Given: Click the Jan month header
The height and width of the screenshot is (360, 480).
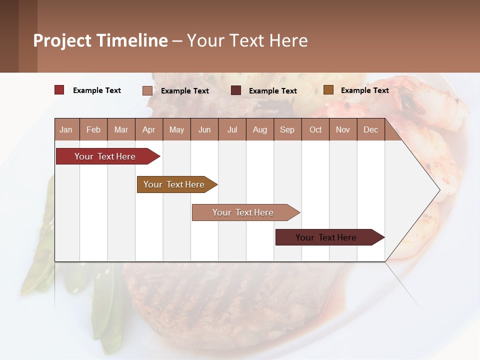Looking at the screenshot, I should pyautogui.click(x=66, y=130).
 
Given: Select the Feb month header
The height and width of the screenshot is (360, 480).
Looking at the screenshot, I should pyautogui.click(x=93, y=130).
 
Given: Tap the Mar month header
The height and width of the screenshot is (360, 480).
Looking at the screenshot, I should pyautogui.click(x=121, y=130).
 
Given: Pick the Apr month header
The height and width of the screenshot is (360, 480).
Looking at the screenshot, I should pyautogui.click(x=148, y=130).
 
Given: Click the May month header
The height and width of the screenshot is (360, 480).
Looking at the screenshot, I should pyautogui.click(x=176, y=130).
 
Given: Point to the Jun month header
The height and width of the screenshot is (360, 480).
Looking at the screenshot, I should pyautogui.click(x=204, y=130).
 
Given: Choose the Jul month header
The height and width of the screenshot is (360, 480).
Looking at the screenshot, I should pyautogui.click(x=232, y=130).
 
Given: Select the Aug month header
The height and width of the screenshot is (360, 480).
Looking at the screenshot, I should pyautogui.click(x=259, y=130).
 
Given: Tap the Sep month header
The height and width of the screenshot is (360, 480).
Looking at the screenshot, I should pyautogui.click(x=287, y=130).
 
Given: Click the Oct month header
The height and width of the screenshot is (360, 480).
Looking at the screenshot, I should pyautogui.click(x=315, y=130).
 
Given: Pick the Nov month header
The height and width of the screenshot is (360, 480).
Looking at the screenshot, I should pyautogui.click(x=343, y=130).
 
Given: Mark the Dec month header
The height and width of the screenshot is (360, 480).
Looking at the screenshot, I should pyautogui.click(x=370, y=130).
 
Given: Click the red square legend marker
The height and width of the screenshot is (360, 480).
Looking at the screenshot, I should pyautogui.click(x=59, y=90).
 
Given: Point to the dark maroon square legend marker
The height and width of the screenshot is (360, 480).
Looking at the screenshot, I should pyautogui.click(x=236, y=90).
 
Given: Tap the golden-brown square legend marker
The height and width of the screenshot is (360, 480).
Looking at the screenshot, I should pyautogui.click(x=328, y=90).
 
